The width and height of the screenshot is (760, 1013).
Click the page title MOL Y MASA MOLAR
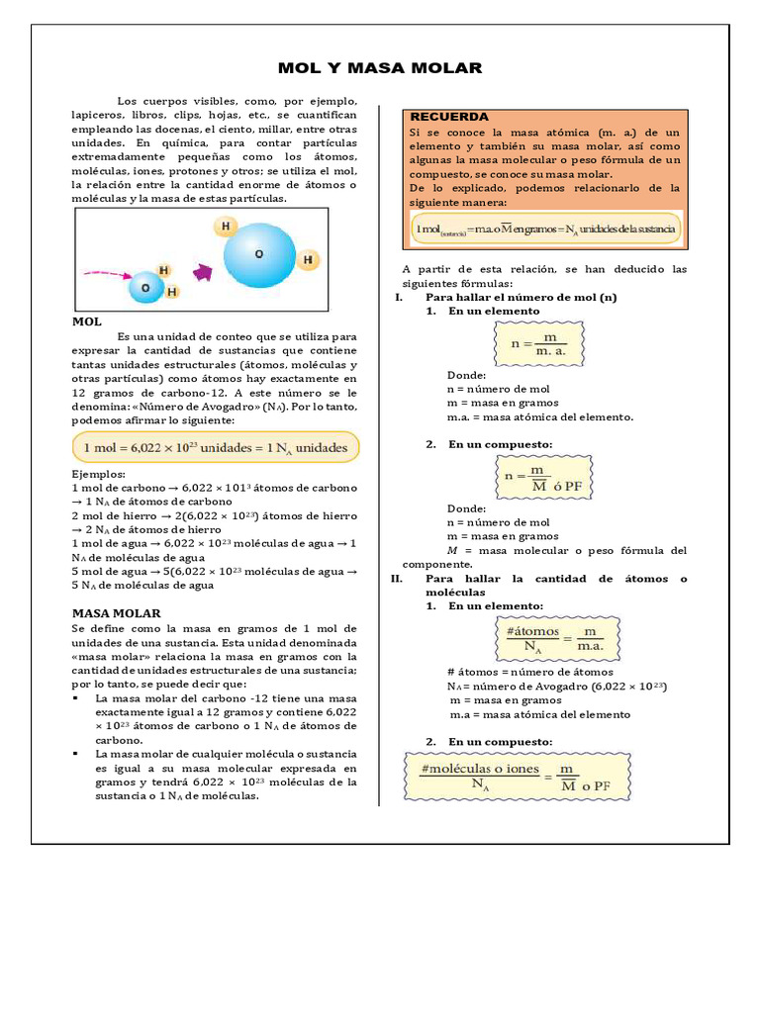[x=380, y=68]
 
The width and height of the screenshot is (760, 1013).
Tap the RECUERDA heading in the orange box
[x=448, y=117]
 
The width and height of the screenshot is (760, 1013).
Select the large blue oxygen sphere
[x=258, y=255]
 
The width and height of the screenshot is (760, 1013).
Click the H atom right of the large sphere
[x=309, y=260]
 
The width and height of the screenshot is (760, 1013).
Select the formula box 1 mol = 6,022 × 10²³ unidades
[x=216, y=447]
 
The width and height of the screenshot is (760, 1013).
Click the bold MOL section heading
[x=87, y=322]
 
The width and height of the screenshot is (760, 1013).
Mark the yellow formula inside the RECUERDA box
[x=546, y=230]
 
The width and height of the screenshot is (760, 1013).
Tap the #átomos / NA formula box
[x=555, y=638]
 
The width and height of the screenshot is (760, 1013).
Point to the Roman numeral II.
[x=398, y=579]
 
